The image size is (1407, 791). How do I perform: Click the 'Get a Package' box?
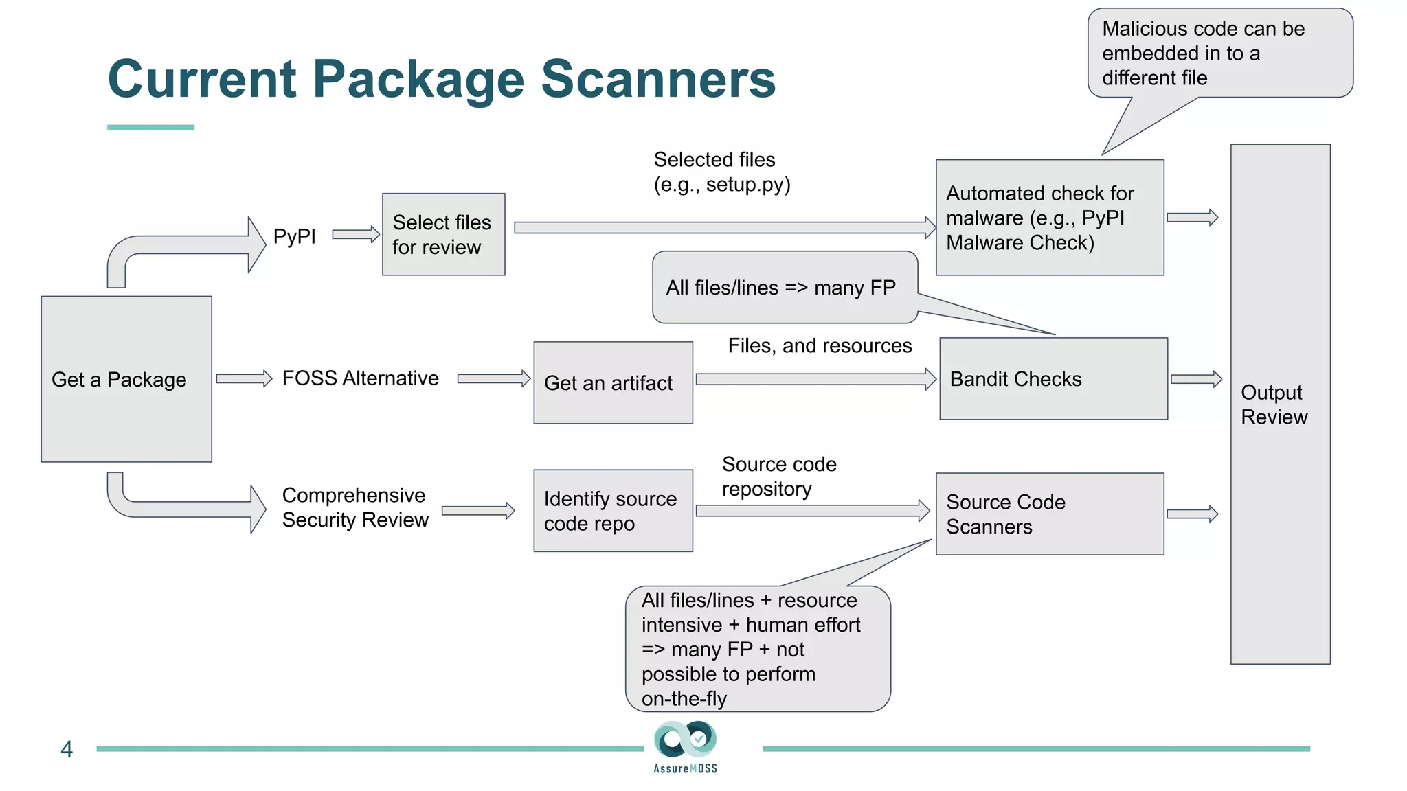(x=126, y=379)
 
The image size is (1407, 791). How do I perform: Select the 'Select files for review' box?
(x=443, y=234)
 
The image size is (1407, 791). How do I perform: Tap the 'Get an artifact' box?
(x=613, y=382)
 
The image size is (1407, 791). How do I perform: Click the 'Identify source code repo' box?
(x=613, y=511)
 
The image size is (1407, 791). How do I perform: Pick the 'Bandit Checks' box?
(x=1053, y=379)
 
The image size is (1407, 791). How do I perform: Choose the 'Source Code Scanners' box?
(x=1049, y=514)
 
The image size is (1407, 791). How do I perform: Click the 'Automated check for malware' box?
(x=1049, y=218)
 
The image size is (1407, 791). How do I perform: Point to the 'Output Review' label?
(x=1274, y=404)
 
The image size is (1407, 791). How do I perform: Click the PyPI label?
(x=294, y=236)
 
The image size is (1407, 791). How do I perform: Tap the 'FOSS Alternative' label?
(x=360, y=378)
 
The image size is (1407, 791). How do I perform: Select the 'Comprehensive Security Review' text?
(x=355, y=507)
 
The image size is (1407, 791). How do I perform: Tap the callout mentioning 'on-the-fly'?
(x=757, y=649)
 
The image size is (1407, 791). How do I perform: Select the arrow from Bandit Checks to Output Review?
(x=1196, y=379)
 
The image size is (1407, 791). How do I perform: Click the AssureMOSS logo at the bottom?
(x=686, y=747)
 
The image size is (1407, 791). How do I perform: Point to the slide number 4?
(x=67, y=749)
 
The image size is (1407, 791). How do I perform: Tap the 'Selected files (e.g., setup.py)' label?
(x=721, y=172)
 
